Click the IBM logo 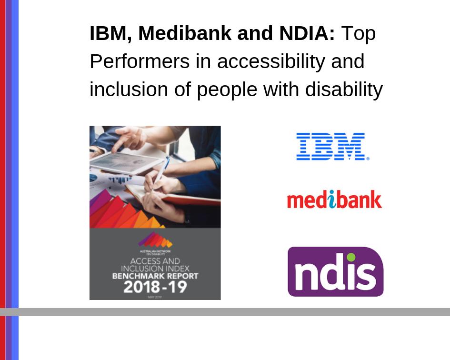(330, 146)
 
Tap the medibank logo (334, 200)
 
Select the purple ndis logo (335, 271)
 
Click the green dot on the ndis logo (351, 258)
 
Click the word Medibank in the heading (179, 33)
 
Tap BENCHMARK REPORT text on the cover (155, 276)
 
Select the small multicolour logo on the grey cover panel (155, 240)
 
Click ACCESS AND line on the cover (155, 261)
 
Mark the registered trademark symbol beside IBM (367, 159)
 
